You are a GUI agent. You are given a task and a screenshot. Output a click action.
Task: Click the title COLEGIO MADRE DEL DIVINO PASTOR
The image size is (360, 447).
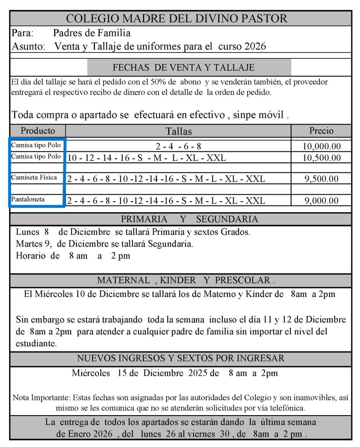(x=177, y=18)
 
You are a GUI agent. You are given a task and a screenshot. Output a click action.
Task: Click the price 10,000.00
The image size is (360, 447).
(x=322, y=146)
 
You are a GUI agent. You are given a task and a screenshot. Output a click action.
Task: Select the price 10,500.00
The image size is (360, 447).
(x=322, y=158)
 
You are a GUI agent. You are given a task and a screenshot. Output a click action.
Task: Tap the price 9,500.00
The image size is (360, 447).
(x=322, y=179)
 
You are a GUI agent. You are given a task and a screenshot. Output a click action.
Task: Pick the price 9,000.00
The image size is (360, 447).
(x=322, y=201)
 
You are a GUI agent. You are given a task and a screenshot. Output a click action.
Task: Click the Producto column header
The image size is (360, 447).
(x=38, y=131)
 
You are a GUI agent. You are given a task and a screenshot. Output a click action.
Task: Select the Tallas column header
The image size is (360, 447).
(x=178, y=131)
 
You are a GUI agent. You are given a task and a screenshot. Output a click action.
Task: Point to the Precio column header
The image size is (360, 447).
(x=321, y=131)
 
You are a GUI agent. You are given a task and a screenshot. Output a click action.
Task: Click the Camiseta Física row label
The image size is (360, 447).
(x=34, y=178)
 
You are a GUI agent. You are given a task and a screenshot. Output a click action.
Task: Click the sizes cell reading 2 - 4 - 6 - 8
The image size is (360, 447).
(x=178, y=146)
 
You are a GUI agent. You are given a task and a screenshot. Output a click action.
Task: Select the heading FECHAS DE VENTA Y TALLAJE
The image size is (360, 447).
(x=183, y=68)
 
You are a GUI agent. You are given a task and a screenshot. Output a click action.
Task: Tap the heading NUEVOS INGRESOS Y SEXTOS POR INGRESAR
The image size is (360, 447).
(x=181, y=358)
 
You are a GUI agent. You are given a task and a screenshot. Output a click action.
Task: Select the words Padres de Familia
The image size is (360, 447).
(x=92, y=33)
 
